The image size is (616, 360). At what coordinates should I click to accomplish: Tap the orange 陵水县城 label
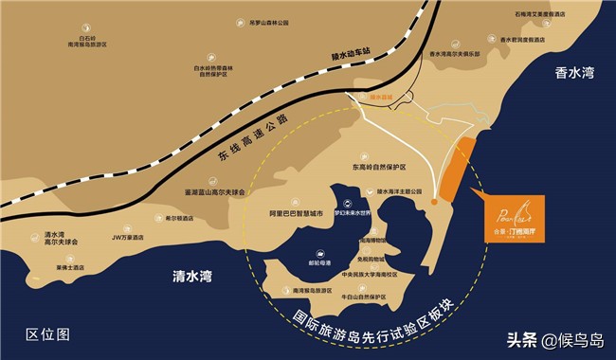pyautogui.click(x=381, y=96)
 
